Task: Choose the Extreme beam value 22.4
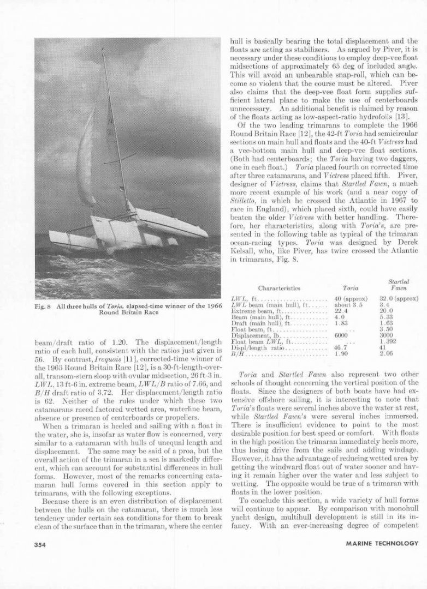tap(341, 311)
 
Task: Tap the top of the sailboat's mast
tap(103, 49)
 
